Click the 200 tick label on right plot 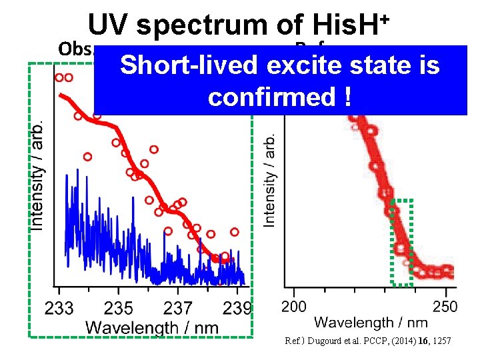(294, 305)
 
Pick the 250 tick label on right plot (445, 305)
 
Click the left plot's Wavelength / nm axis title (152, 327)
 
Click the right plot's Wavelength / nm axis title (371, 323)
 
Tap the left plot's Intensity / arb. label (39, 175)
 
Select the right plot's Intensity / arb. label (270, 179)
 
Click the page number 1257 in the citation (441, 341)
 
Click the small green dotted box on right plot (402, 241)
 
